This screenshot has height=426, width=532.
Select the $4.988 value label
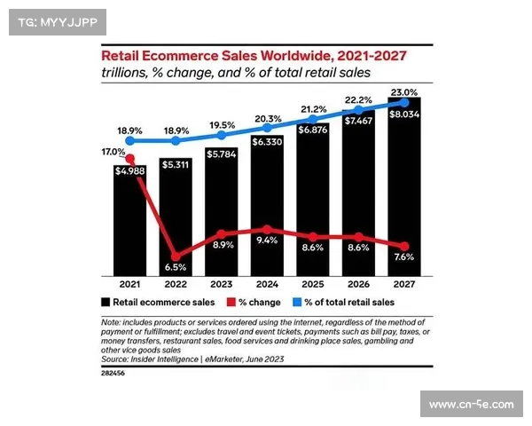tap(130, 172)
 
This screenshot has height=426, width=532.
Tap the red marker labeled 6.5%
tap(175, 255)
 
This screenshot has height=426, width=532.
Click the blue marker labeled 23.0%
tap(405, 103)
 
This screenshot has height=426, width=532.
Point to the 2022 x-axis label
tap(175, 285)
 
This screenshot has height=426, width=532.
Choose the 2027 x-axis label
tap(405, 285)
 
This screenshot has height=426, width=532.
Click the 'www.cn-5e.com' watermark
tap(471, 405)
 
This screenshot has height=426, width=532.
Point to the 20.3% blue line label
tap(268, 119)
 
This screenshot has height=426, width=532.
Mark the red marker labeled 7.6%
tap(405, 246)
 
